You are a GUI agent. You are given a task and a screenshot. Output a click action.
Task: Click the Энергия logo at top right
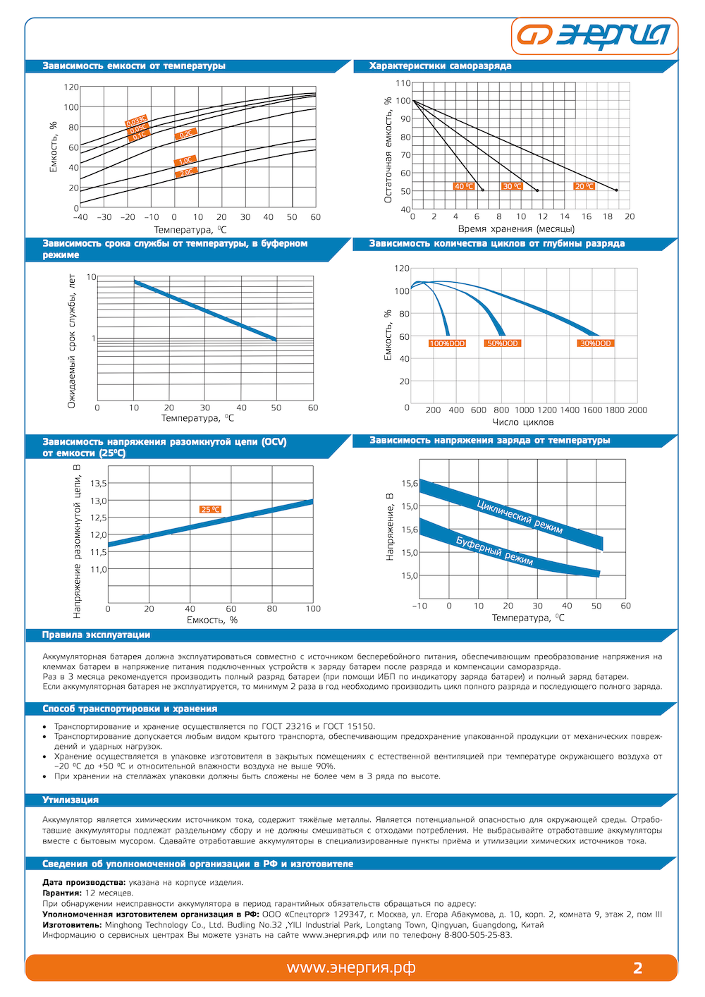tap(594, 35)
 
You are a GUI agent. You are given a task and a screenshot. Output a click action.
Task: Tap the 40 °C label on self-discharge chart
tap(463, 186)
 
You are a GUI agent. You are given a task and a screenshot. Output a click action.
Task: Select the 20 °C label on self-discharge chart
tap(584, 186)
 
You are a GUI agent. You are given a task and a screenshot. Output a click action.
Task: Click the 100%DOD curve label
tap(448, 343)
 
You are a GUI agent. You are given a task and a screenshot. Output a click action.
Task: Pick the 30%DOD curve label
tap(596, 343)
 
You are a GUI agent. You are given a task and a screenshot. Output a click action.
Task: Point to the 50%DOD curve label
tap(503, 343)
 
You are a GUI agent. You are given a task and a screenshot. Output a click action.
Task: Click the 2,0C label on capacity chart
tap(186, 172)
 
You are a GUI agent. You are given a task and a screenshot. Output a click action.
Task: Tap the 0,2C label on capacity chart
tap(185, 134)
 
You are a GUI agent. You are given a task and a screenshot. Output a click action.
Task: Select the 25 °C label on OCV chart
tap(210, 509)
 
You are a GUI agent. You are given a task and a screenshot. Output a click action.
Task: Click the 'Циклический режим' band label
tap(520, 517)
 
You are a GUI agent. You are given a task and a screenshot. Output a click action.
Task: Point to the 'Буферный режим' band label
tap(494, 551)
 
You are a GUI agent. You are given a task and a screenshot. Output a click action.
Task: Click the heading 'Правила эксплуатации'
tap(96, 635)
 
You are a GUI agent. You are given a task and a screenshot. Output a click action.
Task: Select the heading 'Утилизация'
tap(70, 800)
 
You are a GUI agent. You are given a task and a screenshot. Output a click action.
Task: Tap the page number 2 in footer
tap(638, 968)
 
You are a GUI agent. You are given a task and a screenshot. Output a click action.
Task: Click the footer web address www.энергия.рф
tap(350, 968)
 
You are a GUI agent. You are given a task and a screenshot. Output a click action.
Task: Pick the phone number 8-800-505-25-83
tap(477, 935)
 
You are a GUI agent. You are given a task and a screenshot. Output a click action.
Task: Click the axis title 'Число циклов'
tap(523, 422)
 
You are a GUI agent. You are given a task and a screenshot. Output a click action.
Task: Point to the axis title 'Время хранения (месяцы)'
tap(516, 228)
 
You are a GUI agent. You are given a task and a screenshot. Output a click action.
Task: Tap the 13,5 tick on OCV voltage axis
tap(99, 484)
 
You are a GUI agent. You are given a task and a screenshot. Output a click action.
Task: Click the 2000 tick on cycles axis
tap(637, 410)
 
